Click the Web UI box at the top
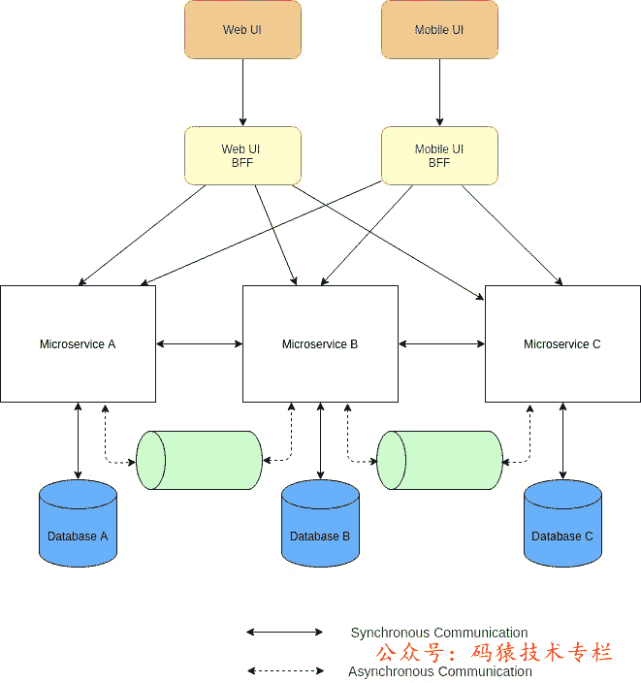point(242,30)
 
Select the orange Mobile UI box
point(439,30)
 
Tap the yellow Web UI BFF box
point(242,156)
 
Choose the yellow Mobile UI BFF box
point(439,156)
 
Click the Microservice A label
point(78,344)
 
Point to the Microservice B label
point(320,344)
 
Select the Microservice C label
point(562,344)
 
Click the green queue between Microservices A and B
point(200,460)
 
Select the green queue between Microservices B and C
point(439,460)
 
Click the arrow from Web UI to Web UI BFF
point(242,93)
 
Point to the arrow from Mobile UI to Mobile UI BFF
point(439,93)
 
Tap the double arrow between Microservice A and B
point(199,343)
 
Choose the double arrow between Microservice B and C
point(441,343)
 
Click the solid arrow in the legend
point(284,632)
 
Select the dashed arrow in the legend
point(284,670)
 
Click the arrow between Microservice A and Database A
point(78,440)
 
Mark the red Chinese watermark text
point(495,653)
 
